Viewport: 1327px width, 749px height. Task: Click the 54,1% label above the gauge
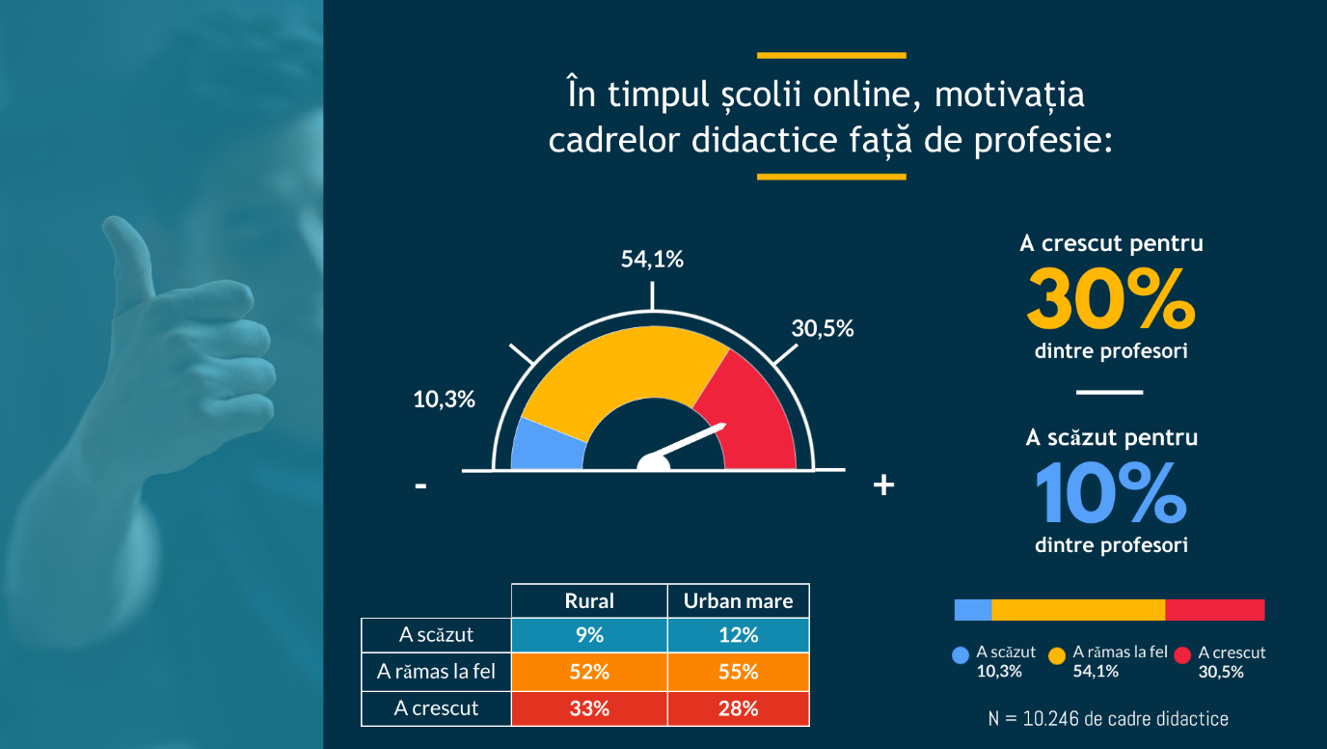tap(652, 259)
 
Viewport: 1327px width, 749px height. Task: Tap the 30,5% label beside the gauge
tap(823, 328)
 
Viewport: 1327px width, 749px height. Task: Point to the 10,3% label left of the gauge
tap(444, 400)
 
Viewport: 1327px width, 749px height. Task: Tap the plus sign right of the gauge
tap(883, 485)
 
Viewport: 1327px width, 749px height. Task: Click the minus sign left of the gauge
tap(420, 486)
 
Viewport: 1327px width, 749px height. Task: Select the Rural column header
tap(589, 600)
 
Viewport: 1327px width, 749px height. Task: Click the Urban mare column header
tap(738, 600)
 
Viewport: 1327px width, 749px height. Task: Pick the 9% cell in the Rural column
tap(589, 635)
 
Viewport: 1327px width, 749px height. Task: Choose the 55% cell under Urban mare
tap(738, 672)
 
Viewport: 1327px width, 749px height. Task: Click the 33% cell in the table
tap(589, 708)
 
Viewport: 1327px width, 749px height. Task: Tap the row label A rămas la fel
tap(436, 672)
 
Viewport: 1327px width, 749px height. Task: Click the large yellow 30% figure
tap(1111, 298)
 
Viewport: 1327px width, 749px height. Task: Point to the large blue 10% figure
tap(1111, 493)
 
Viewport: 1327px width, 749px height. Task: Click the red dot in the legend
tap(1182, 656)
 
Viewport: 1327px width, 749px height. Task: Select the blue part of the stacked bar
tap(973, 610)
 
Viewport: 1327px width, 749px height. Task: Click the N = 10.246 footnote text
tap(1108, 719)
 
